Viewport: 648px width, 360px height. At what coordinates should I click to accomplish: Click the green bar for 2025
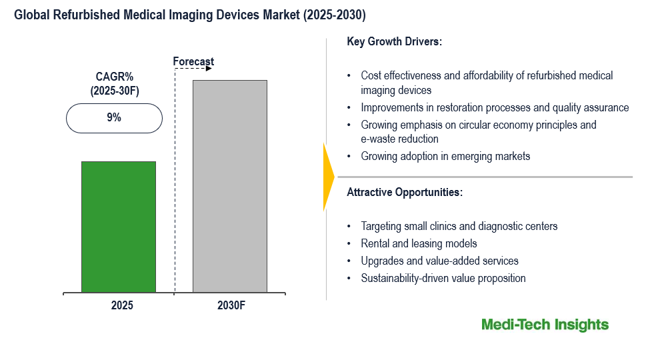click(x=119, y=227)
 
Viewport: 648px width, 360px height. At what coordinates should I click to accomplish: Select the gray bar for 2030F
click(x=230, y=186)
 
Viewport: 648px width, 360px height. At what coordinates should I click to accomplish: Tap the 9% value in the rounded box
click(x=114, y=117)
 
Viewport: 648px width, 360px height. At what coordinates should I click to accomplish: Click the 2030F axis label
click(x=231, y=306)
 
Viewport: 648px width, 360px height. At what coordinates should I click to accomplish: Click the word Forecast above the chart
click(x=193, y=62)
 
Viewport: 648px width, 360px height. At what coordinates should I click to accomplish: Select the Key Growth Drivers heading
click(x=395, y=41)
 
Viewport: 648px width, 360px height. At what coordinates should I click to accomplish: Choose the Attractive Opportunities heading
click(x=405, y=192)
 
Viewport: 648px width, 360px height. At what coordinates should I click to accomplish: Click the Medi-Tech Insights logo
click(x=545, y=325)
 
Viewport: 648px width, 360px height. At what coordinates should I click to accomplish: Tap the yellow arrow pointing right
click(x=328, y=177)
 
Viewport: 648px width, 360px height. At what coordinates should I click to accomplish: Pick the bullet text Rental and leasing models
click(x=419, y=243)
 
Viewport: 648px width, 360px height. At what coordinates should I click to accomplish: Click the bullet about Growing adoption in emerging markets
click(x=445, y=156)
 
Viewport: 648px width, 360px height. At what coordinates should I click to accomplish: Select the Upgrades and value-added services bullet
click(x=439, y=261)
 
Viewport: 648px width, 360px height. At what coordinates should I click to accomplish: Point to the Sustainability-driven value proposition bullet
click(x=443, y=278)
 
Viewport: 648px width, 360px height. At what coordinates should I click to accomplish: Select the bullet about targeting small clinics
click(x=459, y=226)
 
